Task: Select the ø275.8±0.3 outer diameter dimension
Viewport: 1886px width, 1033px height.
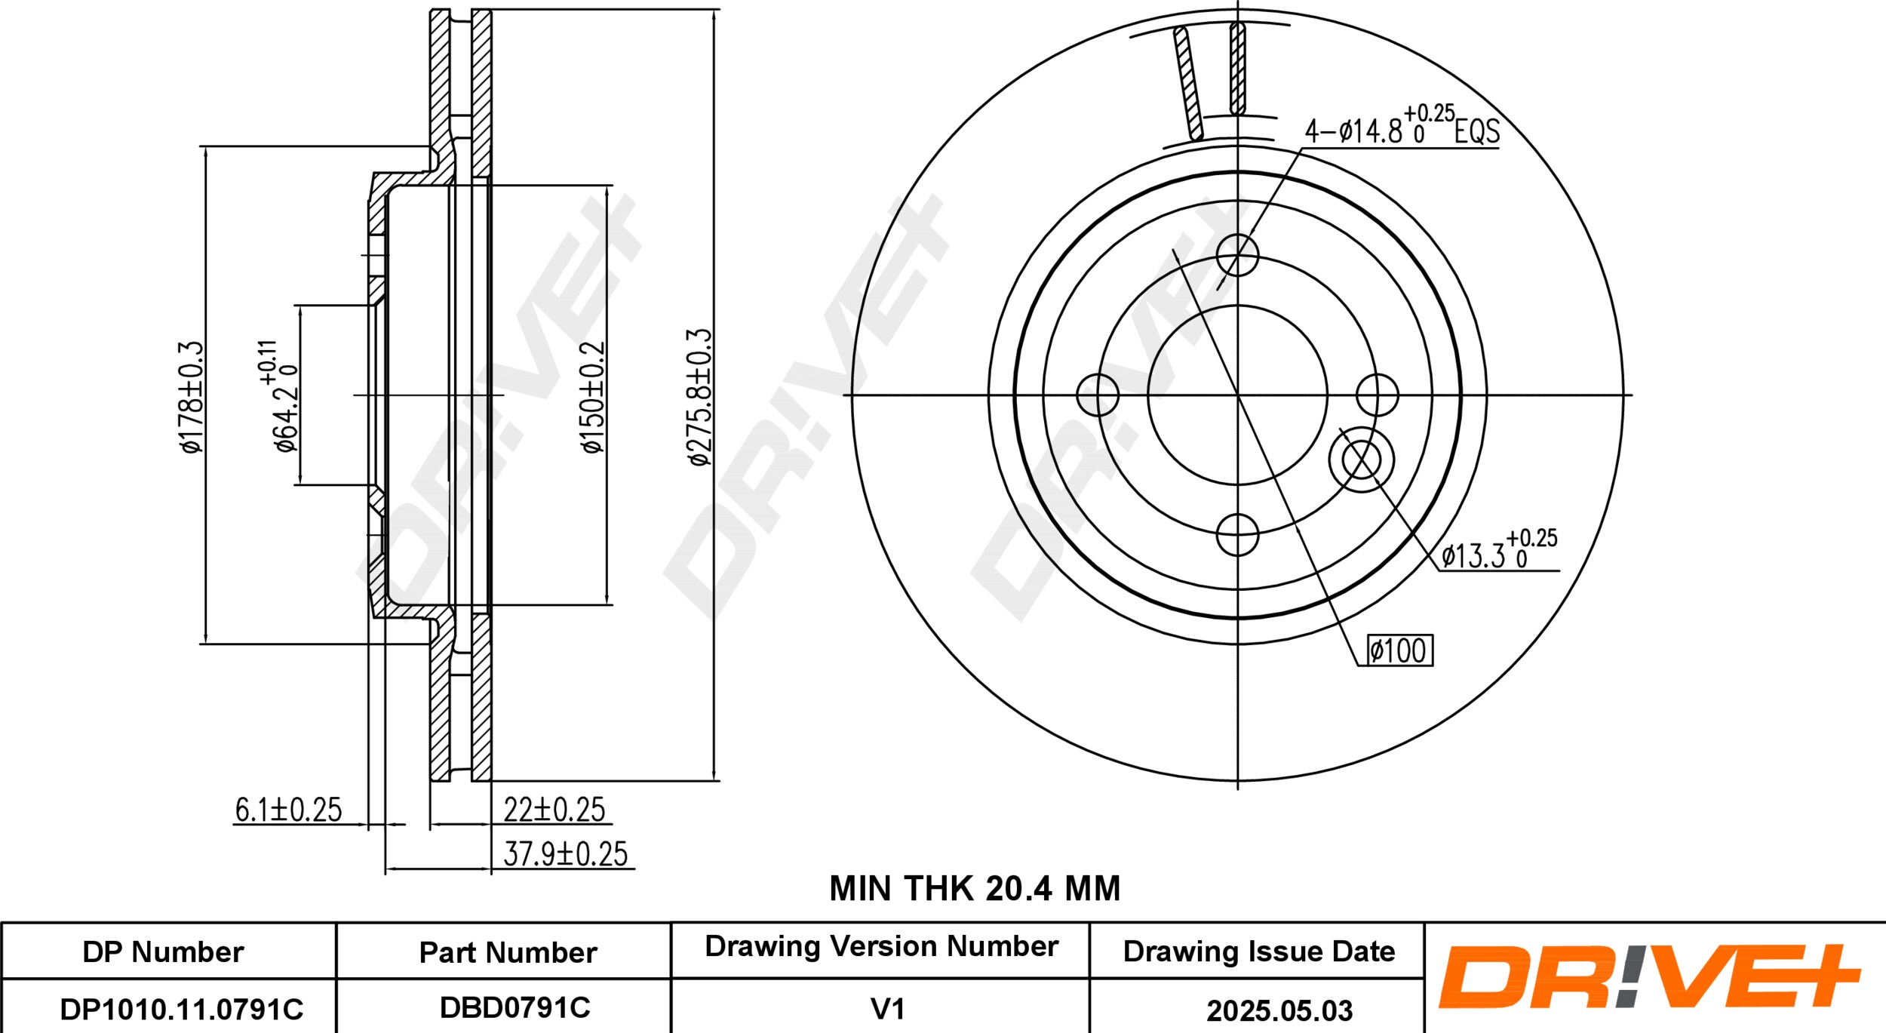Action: pos(699,397)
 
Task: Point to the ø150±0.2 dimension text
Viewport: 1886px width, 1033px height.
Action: pos(593,396)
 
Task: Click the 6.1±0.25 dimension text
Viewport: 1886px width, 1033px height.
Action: pos(288,810)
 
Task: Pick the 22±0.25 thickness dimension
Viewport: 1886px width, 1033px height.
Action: pos(554,810)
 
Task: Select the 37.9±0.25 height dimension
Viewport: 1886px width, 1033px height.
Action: pos(565,854)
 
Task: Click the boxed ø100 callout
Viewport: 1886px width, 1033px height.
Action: pos(1399,650)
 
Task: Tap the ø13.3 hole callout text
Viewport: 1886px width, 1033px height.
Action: pos(1499,549)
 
